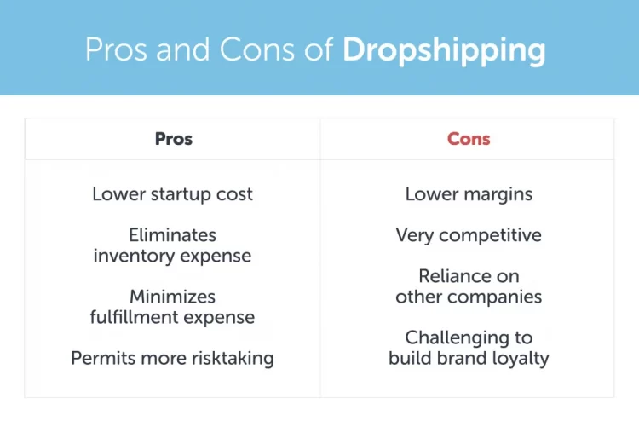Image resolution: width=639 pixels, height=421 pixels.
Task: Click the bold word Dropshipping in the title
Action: tap(443, 50)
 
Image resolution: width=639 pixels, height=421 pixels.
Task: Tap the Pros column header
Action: tap(173, 139)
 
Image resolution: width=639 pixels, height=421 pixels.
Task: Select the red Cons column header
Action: tap(469, 139)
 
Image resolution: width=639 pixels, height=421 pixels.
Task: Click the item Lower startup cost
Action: tap(172, 194)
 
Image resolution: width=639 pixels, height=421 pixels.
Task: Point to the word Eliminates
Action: tap(172, 234)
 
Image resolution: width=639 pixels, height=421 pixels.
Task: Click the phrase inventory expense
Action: tap(172, 255)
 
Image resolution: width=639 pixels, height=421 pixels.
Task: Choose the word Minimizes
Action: tap(172, 297)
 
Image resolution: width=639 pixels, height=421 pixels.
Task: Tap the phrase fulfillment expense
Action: tap(172, 317)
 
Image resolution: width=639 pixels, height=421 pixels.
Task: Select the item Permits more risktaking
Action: tap(172, 358)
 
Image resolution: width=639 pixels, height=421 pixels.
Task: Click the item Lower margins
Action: tap(469, 194)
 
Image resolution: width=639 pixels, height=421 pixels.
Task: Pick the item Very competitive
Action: tap(469, 235)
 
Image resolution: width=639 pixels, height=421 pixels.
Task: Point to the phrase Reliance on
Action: tap(469, 276)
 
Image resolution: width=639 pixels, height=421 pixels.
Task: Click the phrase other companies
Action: tap(469, 297)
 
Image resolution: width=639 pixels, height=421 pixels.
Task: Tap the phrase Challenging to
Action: tap(469, 337)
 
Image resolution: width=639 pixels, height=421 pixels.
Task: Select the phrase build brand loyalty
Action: tap(469, 358)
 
